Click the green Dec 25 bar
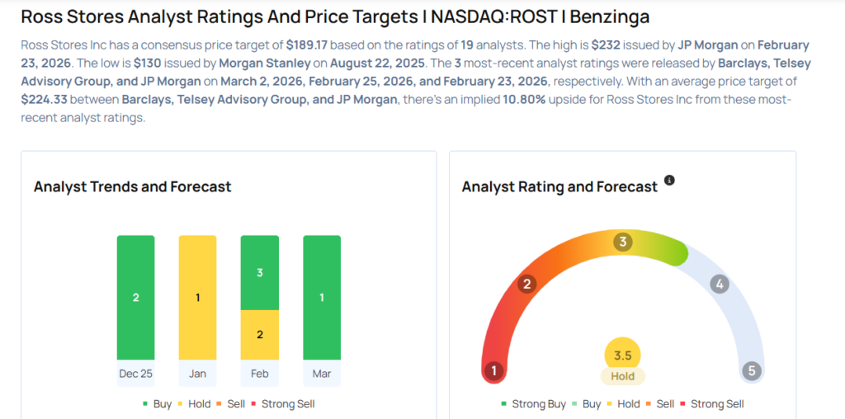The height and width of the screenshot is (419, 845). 135,297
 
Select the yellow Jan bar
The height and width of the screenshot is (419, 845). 198,297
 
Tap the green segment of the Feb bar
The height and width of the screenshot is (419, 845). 260,272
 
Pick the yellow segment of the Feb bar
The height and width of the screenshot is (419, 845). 260,335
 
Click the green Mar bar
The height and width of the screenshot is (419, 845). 322,297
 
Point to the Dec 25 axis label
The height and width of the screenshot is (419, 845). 135,374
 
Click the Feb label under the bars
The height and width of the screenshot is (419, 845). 260,374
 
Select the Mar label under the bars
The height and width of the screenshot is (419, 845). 322,374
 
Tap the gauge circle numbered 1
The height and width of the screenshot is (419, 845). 494,370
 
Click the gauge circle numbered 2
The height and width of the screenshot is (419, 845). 527,285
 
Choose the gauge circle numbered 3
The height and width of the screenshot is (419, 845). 623,242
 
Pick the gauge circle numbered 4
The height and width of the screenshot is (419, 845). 720,285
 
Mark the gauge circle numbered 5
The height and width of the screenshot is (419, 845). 751,370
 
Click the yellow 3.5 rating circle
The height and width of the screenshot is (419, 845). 623,355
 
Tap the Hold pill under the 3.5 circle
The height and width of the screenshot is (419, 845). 623,376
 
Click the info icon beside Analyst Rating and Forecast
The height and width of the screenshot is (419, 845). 669,180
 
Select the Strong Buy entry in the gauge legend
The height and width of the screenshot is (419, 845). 534,404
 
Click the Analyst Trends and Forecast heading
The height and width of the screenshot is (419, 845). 132,187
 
